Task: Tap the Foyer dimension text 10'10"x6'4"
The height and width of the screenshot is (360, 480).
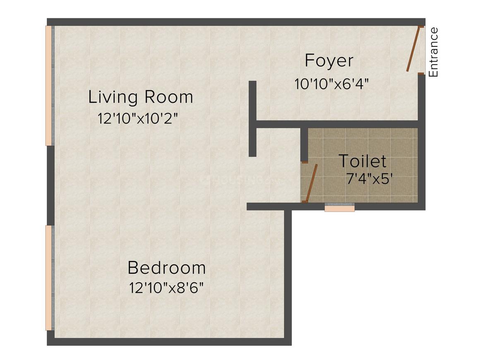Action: [x=331, y=84]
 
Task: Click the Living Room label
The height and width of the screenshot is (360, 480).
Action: [x=141, y=97]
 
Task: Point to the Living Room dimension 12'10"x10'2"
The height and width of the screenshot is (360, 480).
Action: [x=138, y=118]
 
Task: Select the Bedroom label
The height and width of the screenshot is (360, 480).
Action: [x=166, y=268]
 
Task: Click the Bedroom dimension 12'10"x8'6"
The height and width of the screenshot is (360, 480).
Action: [x=166, y=288]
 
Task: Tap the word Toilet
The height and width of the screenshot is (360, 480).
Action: [x=362, y=161]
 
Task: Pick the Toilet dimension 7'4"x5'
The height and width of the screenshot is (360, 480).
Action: [x=370, y=179]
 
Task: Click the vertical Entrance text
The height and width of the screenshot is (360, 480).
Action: [x=434, y=53]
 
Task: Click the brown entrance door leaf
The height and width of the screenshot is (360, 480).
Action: [x=414, y=49]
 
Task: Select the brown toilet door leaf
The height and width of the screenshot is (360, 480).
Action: [x=311, y=183]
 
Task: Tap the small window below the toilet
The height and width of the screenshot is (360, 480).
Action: [x=339, y=207]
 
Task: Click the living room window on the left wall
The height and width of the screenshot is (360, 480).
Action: [x=50, y=85]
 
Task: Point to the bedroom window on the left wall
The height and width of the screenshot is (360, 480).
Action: [x=50, y=278]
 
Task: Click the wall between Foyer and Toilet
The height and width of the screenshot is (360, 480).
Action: [x=337, y=124]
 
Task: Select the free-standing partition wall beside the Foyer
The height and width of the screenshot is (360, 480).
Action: [x=252, y=119]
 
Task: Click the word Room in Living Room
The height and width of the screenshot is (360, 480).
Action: [x=169, y=97]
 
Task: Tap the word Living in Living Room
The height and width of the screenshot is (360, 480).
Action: [x=113, y=98]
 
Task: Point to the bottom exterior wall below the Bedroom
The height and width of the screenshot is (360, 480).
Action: [x=169, y=342]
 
